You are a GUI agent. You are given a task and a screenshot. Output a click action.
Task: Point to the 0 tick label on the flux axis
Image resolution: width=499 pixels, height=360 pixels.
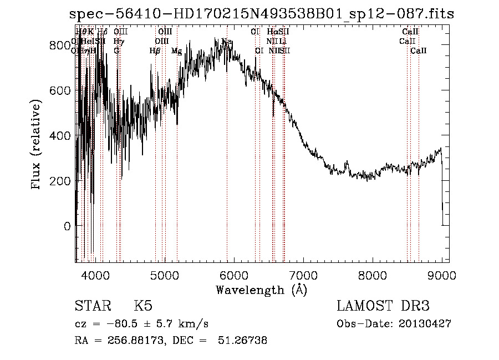coord(67,226)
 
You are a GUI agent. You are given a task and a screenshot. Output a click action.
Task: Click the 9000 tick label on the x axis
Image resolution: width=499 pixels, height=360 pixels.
coord(441,273)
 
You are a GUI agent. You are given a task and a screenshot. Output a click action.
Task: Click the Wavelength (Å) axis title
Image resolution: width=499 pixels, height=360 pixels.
coord(261,290)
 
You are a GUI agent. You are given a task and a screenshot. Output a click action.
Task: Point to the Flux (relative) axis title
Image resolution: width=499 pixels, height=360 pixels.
coord(37,145)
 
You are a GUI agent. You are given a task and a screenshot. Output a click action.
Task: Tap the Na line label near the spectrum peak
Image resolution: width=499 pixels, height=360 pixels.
coord(227,42)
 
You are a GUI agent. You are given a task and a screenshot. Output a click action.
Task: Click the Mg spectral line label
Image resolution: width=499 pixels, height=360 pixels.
coord(176,51)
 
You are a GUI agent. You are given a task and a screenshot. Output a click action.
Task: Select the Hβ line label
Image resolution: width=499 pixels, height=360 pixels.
coord(155,51)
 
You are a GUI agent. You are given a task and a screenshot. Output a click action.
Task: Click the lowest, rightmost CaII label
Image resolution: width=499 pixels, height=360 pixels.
coord(419,51)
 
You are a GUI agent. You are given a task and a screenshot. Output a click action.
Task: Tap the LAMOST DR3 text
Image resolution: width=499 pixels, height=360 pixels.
coord(383,306)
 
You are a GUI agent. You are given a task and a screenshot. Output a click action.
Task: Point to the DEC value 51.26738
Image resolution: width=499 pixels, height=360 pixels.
coord(246,341)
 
